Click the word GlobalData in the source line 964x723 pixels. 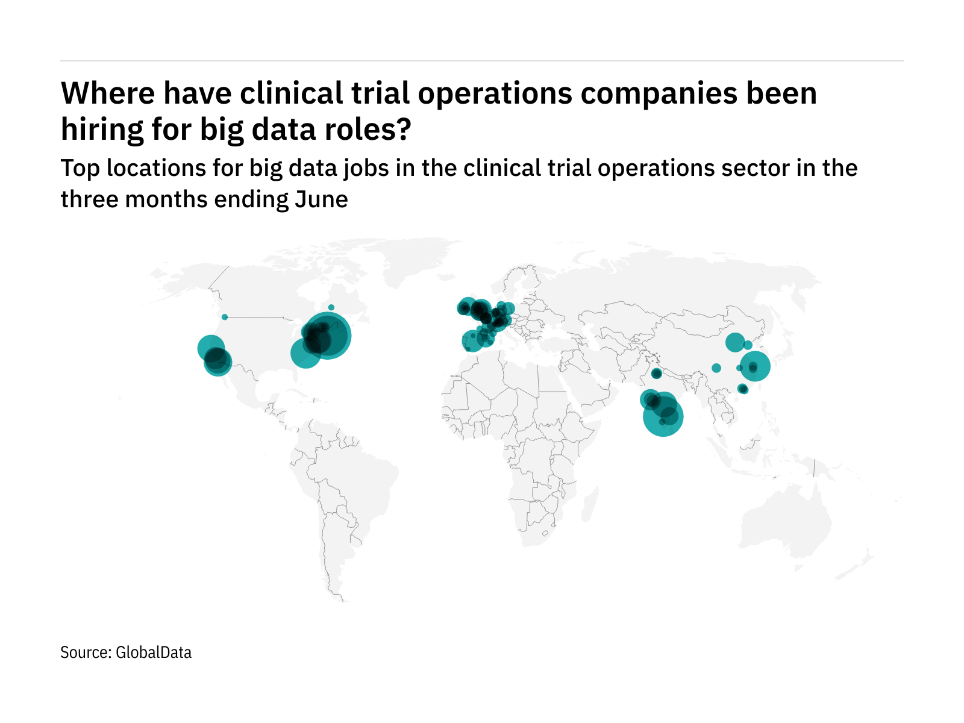[x=154, y=653]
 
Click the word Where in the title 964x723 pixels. [x=107, y=94]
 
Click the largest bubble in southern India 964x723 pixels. [x=663, y=416]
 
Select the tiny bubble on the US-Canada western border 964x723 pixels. [x=225, y=317]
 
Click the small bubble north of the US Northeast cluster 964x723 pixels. [x=331, y=307]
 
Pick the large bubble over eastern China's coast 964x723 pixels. [x=755, y=366]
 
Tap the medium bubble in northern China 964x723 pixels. [x=734, y=342]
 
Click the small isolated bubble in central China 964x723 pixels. [x=716, y=368]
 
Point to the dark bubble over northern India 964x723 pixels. [x=657, y=374]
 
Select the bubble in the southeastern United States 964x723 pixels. [x=305, y=353]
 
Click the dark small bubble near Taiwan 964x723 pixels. [x=743, y=389]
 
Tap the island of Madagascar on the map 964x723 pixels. [x=592, y=503]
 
